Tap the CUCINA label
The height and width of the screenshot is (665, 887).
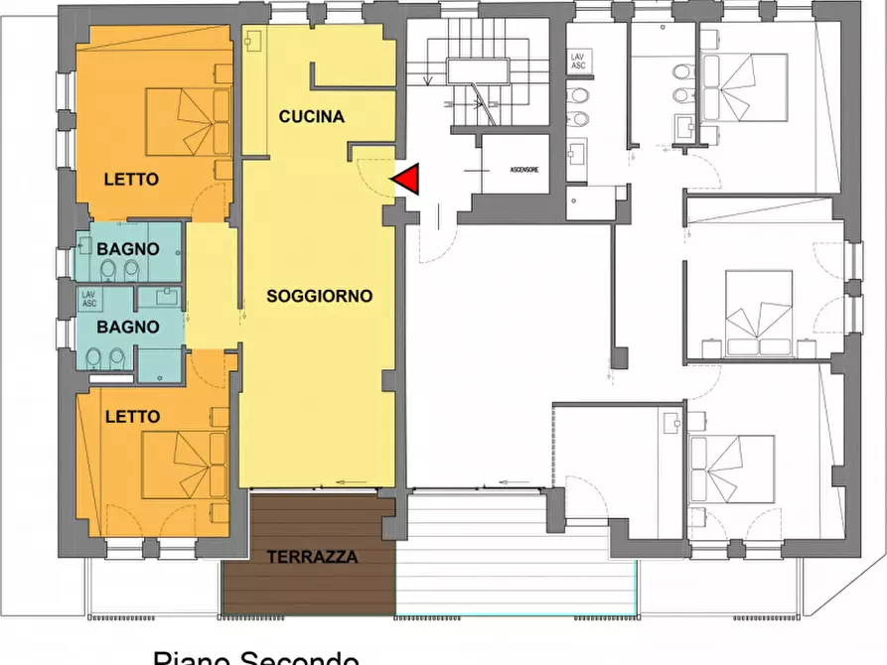coord(311,117)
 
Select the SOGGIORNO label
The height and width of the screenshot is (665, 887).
coord(319,296)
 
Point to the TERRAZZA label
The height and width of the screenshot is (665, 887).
coord(312,557)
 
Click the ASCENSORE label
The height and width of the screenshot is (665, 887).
coord(524,171)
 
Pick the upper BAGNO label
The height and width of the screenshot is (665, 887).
coord(128,248)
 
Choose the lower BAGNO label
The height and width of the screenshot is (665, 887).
coord(128,326)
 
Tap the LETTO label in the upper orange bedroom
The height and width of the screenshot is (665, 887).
coord(131,180)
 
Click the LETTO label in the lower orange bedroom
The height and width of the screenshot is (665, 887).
coord(132,418)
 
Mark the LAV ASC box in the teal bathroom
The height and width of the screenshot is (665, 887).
coord(89,298)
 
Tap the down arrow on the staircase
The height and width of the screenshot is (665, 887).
coord(426,79)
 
